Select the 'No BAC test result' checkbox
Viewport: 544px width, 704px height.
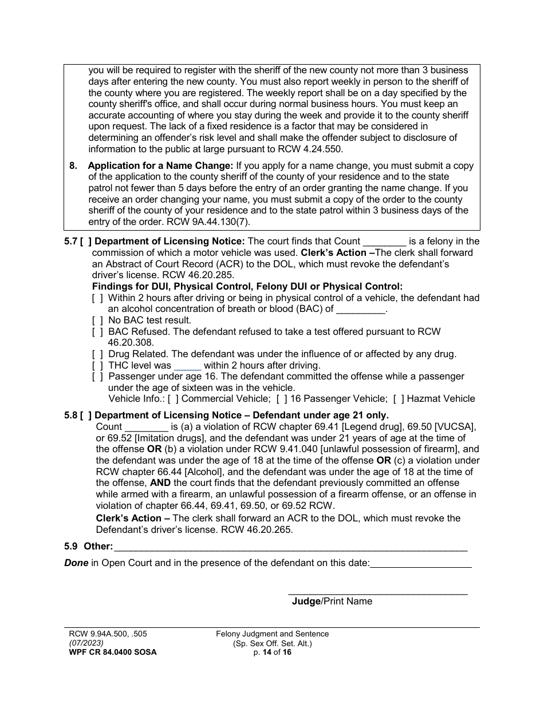98,321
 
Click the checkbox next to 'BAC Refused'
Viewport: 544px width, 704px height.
98,331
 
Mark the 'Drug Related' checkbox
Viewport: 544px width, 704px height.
98,354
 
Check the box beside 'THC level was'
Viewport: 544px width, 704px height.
98,365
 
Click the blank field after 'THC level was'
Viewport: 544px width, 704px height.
187,366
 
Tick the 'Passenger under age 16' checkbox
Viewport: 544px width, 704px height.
98,377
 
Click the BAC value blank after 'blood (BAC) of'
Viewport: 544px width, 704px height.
361,310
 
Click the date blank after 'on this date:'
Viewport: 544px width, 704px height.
421,563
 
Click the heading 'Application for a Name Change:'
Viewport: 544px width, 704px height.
160,166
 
